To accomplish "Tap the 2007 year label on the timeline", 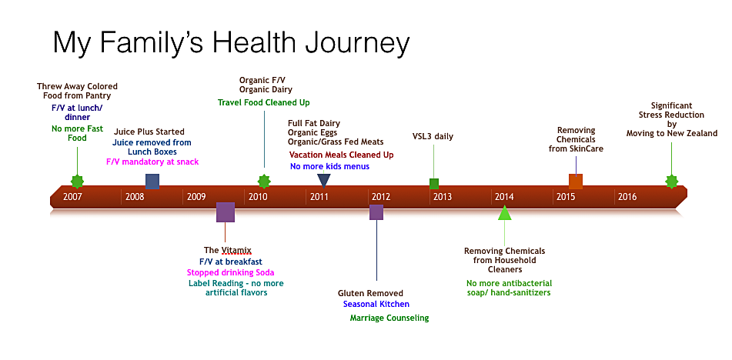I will (73, 196).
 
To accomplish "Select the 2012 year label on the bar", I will (381, 196).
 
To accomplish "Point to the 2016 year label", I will (627, 196).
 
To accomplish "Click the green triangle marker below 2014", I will (504, 212).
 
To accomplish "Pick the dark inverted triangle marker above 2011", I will (324, 181).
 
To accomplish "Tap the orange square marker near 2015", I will (576, 182).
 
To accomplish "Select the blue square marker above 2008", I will (152, 181).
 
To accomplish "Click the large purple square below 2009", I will (225, 212).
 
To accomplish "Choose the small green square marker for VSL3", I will (434, 183).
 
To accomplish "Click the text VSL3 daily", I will (433, 137).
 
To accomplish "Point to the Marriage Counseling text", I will (389, 318).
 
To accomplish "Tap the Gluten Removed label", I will (370, 293).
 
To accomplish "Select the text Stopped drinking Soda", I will (231, 272).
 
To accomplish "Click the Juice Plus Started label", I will (149, 132).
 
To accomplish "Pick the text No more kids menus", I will (329, 166).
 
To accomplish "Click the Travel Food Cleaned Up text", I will (264, 102).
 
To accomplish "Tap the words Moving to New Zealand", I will (672, 133).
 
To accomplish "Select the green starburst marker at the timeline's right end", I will (672, 182).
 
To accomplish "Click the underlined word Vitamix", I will (237, 251).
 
